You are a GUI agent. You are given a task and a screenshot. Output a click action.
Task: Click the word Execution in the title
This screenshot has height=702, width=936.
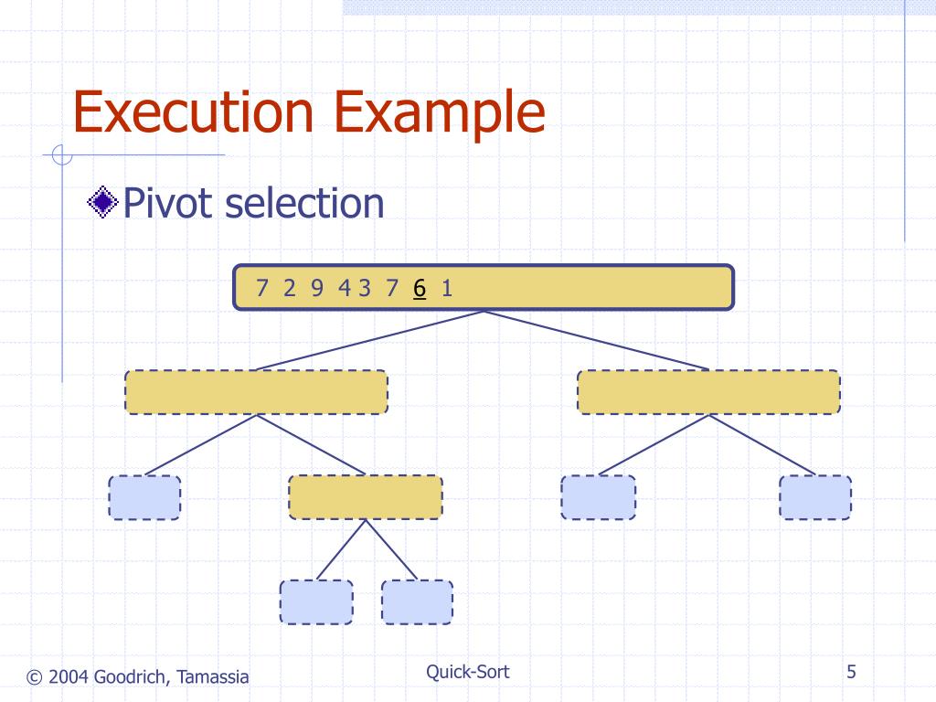click(193, 112)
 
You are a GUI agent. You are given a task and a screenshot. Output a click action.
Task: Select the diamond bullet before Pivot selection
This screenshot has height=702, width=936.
click(102, 202)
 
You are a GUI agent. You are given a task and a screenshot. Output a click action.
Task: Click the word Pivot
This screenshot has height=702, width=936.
click(168, 203)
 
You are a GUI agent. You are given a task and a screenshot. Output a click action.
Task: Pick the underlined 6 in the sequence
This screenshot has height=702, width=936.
click(420, 288)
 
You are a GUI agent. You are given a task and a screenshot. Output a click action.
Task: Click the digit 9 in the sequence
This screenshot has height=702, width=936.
click(317, 288)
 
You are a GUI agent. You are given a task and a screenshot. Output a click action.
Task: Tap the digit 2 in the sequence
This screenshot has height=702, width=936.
click(290, 288)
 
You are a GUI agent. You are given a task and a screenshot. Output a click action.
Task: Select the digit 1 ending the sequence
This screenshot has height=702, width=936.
click(447, 288)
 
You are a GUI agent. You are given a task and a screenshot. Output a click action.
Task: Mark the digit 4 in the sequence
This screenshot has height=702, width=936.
click(345, 288)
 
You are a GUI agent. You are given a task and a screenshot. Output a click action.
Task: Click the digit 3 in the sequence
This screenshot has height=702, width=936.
click(364, 288)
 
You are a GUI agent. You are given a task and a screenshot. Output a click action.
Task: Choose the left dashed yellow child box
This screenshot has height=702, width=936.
click(256, 392)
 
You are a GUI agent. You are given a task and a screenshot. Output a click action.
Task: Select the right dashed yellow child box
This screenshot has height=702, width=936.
click(708, 392)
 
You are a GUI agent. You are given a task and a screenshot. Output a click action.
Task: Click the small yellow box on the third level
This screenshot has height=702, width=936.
click(366, 497)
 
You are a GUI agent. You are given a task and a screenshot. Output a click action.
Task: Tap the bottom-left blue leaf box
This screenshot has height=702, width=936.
click(316, 602)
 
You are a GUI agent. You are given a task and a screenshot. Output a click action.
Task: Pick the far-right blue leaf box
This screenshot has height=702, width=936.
click(815, 497)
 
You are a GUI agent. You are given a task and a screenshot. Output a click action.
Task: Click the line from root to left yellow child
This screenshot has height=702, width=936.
click(370, 340)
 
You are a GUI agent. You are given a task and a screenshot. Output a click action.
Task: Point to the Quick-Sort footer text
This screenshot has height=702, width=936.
click(467, 672)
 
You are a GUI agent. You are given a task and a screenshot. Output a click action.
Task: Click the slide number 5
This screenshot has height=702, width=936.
click(851, 672)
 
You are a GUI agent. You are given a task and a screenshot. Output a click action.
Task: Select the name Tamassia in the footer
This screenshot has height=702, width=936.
click(212, 677)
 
